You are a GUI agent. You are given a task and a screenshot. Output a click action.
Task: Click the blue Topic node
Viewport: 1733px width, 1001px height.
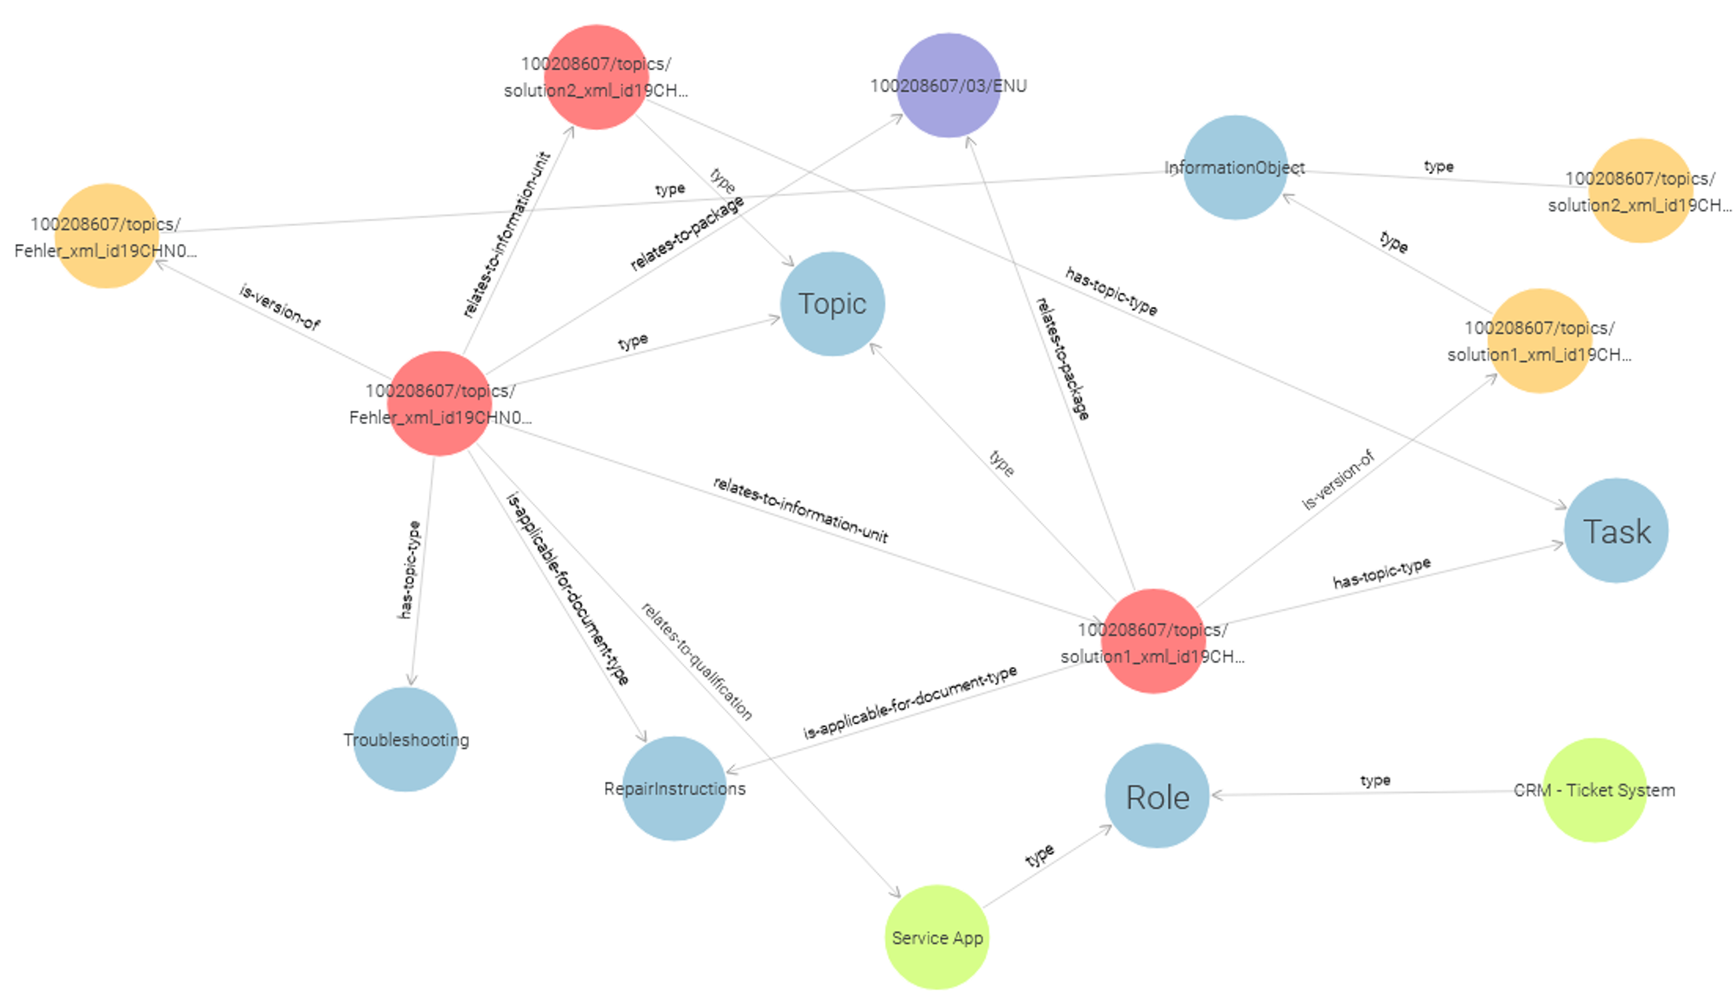coord(832,304)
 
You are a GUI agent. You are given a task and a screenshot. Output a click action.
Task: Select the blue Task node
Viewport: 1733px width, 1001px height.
coord(1616,531)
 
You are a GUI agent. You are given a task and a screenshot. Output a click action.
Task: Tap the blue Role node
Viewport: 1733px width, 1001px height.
coord(1157,796)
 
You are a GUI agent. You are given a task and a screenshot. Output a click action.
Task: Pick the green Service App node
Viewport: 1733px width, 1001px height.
coord(937,937)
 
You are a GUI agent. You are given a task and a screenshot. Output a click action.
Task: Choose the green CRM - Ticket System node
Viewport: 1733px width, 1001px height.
coord(1594,790)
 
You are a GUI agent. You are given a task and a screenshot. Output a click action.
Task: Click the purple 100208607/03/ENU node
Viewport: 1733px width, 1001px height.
coord(949,85)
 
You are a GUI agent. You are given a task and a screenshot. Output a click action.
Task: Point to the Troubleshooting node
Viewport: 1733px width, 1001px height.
coord(406,740)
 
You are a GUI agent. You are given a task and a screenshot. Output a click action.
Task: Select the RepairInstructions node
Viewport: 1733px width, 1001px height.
coord(674,788)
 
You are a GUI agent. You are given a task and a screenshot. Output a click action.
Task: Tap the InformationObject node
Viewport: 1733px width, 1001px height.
coord(1235,168)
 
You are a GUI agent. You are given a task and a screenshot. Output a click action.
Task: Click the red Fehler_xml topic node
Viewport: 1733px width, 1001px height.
coord(440,403)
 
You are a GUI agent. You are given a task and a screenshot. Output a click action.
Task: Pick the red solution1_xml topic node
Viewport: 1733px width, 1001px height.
coord(1153,642)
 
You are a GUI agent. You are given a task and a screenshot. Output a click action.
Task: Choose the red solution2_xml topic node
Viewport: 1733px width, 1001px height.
coord(596,77)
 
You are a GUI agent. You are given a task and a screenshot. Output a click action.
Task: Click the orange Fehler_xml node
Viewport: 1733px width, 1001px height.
coord(106,236)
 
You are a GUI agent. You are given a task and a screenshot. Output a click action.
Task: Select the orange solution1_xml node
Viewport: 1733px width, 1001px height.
coord(1539,341)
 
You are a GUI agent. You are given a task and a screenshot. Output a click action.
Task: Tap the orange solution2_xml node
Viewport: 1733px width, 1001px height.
coord(1640,191)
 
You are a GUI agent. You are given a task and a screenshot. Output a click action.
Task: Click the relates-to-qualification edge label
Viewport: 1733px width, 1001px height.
coord(696,661)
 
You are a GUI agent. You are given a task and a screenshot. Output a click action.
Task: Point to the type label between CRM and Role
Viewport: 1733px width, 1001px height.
coord(1375,780)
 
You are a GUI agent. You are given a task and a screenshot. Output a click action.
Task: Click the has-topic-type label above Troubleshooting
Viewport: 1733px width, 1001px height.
coord(409,570)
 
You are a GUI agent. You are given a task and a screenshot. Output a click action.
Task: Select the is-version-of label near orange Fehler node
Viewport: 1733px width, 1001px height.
coord(279,307)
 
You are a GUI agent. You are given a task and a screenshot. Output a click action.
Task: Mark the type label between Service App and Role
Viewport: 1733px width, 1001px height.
coord(1039,855)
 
